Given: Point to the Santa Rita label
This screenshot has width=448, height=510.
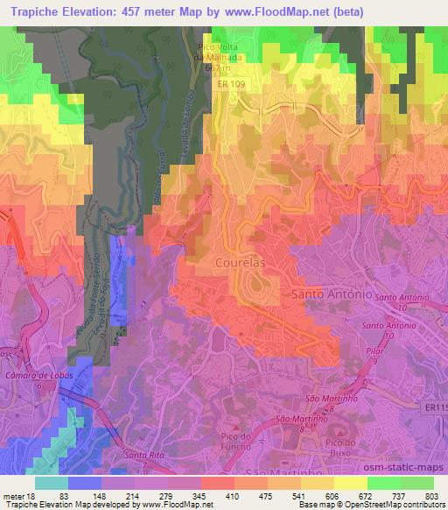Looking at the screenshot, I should [x=143, y=455].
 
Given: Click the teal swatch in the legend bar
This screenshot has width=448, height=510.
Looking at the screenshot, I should [x=52, y=481].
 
